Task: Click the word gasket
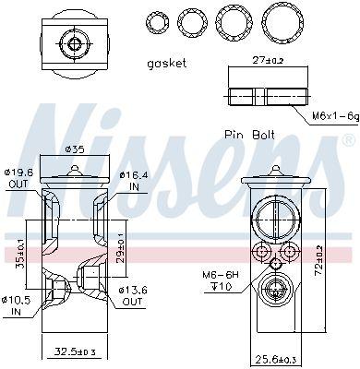(167, 64)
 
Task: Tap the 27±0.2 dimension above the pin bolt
(268, 60)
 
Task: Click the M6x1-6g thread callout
(336, 116)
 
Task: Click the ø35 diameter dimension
(75, 149)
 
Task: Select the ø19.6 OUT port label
(18, 178)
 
